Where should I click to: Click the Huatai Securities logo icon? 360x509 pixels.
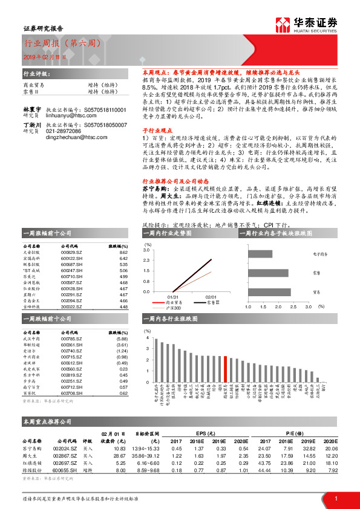tap(282, 24)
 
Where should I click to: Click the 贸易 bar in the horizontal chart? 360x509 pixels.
tap(269, 291)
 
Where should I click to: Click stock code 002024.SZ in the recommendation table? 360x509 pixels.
tap(64, 448)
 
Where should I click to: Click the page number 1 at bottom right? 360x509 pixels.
tap(335, 498)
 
